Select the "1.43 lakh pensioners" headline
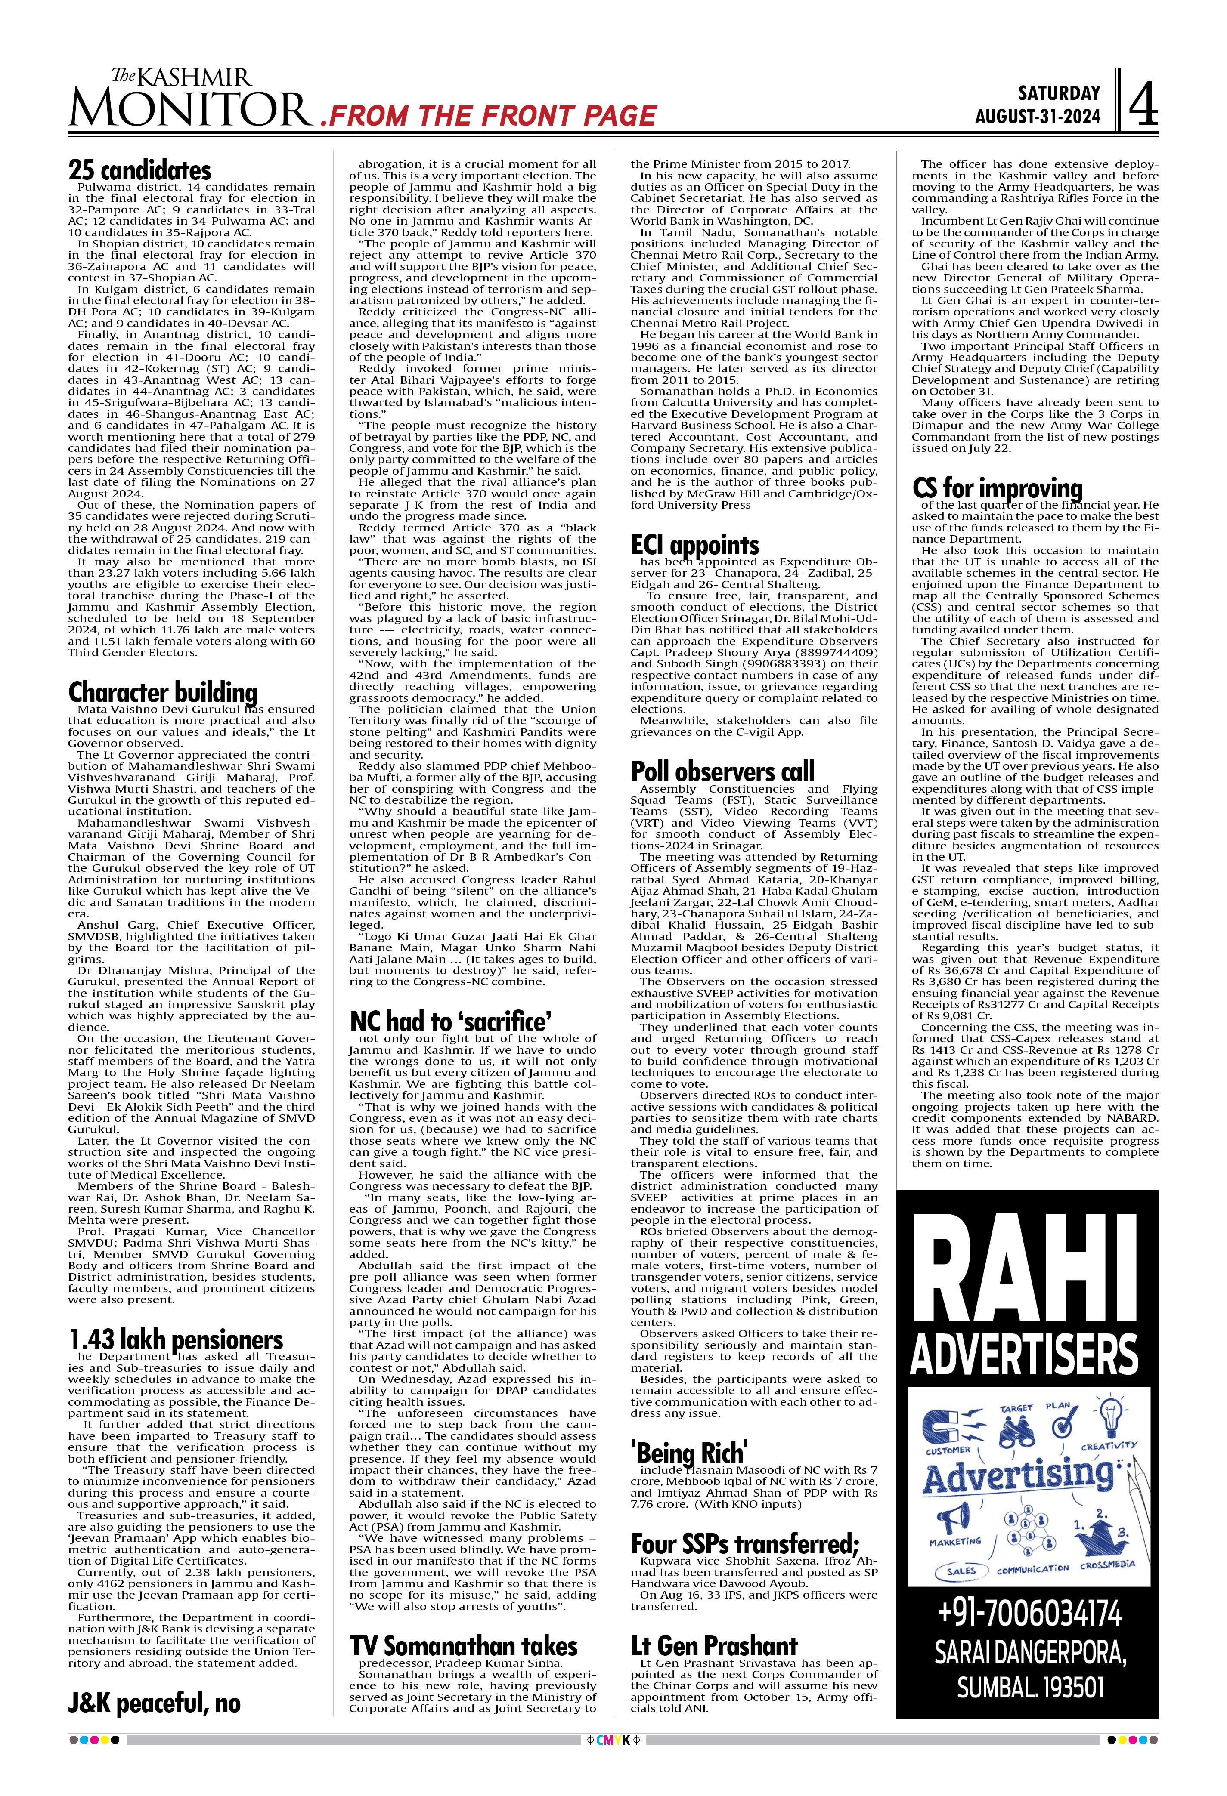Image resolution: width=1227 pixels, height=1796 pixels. (176, 1339)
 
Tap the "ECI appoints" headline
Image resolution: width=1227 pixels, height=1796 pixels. (694, 545)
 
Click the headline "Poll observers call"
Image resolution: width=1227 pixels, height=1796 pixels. (722, 771)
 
